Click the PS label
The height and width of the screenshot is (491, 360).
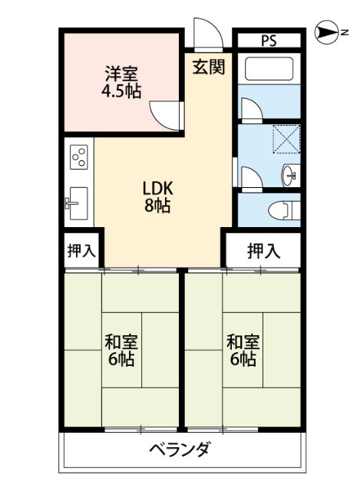(x=268, y=41)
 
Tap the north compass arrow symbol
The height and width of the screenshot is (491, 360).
(x=329, y=33)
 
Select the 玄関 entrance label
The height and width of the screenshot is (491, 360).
(x=208, y=68)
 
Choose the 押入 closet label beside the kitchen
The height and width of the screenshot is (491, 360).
(x=81, y=250)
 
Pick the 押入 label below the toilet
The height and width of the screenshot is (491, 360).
(x=263, y=249)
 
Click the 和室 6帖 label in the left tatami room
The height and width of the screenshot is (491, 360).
(x=121, y=349)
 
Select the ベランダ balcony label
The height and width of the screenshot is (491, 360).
(x=179, y=450)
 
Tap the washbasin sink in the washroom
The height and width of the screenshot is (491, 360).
(x=290, y=174)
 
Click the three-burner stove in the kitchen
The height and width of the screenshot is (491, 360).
(x=78, y=158)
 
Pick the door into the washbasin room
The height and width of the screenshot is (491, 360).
(x=250, y=177)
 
